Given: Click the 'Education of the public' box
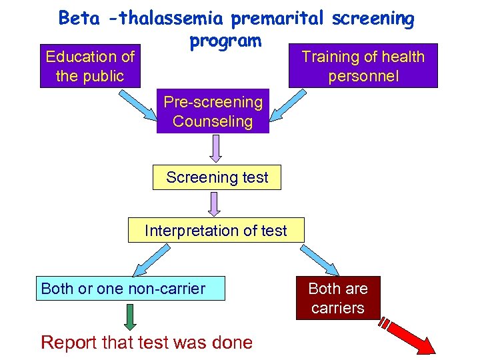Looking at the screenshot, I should (90, 67).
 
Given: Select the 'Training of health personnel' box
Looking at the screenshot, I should (363, 66).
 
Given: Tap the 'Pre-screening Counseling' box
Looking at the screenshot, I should (213, 111).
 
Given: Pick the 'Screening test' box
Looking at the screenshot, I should (217, 178).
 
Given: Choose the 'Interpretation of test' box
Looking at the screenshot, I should (216, 231).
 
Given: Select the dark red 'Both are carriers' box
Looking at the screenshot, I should (338, 298).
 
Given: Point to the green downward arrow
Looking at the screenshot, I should (131, 317).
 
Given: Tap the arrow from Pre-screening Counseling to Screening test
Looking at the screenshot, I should (215, 149).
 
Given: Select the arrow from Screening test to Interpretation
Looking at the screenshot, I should (215, 203).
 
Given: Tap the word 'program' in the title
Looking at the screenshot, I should (225, 41).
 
